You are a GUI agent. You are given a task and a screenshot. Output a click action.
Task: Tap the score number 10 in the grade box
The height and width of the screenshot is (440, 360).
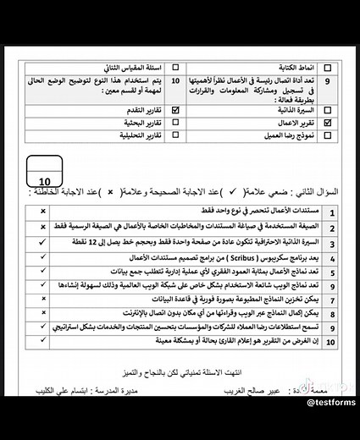(x=46, y=179)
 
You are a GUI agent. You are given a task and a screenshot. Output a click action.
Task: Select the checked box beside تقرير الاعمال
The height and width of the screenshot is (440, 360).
(x=327, y=123)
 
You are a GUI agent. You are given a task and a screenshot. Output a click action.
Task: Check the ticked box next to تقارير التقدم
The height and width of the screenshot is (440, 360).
(x=175, y=110)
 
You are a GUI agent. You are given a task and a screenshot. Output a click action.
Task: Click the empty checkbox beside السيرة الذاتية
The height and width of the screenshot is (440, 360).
(x=327, y=110)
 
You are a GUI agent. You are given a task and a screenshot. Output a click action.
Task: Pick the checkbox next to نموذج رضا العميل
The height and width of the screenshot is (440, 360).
(x=327, y=135)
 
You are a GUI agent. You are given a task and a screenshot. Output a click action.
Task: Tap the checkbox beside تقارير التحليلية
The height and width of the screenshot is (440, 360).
(x=175, y=135)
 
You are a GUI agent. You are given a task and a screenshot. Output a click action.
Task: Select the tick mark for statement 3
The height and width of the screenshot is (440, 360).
(x=42, y=242)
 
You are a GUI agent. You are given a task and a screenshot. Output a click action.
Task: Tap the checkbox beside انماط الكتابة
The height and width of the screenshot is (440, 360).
(x=327, y=66)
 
